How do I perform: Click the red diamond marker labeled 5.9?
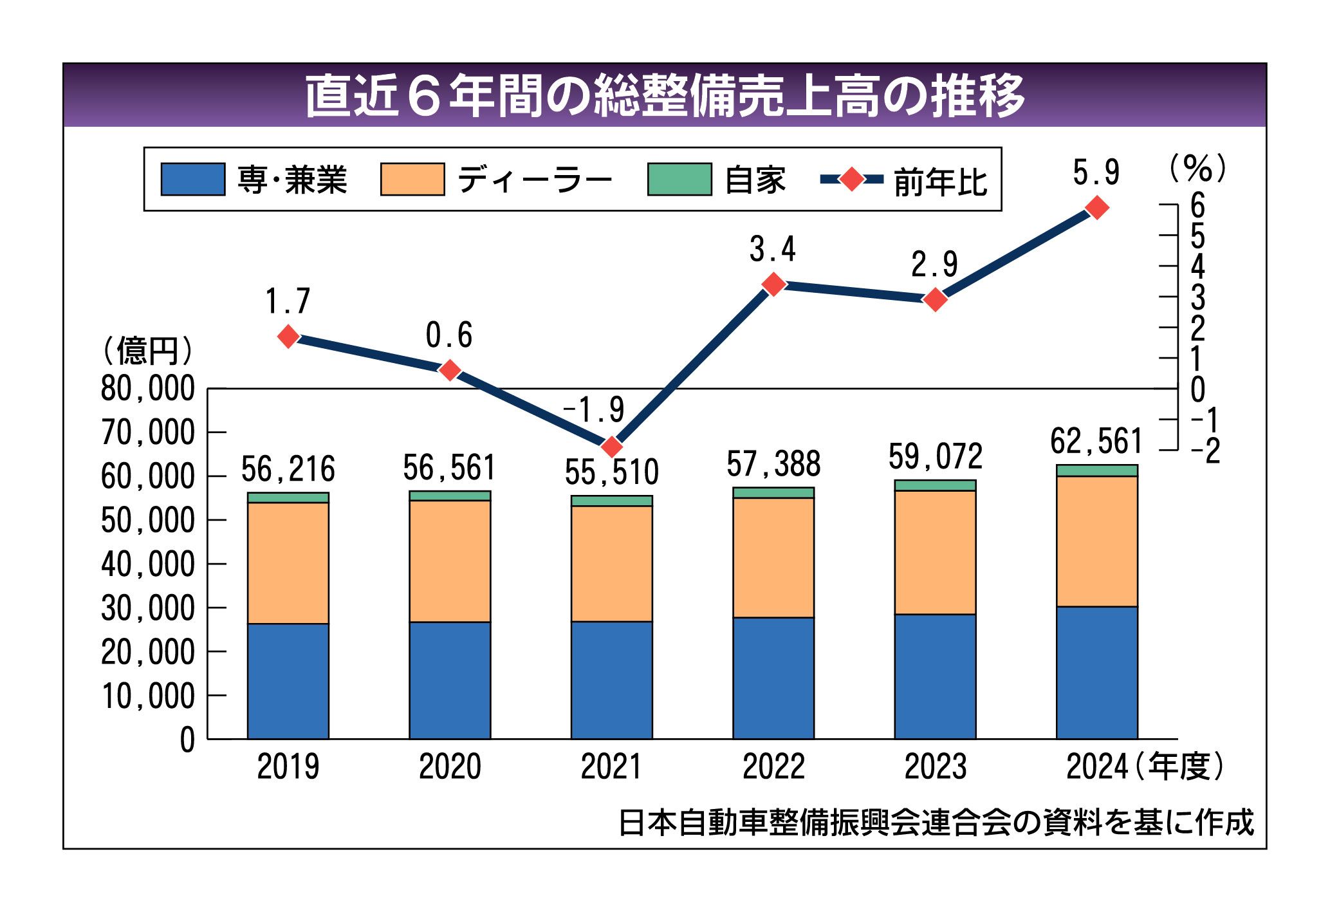1097,208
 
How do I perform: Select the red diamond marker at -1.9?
612,446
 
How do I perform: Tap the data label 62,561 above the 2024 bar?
1096,442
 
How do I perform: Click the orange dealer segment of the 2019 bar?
288,563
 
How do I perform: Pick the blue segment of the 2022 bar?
773,678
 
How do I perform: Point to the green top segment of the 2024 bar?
1097,470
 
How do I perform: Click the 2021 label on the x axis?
611,767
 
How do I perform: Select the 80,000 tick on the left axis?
148,389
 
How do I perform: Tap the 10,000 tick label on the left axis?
148,696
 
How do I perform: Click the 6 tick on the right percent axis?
1197,206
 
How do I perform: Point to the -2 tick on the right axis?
1205,451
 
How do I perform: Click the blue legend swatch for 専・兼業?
192,179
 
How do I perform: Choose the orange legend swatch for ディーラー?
412,179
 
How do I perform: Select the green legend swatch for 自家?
679,179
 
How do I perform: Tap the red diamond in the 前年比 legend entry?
852,180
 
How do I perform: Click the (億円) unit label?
147,351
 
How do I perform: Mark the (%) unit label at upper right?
1197,169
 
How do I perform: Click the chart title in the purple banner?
664,95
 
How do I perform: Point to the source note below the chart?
936,823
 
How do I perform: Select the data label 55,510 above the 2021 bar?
612,472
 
